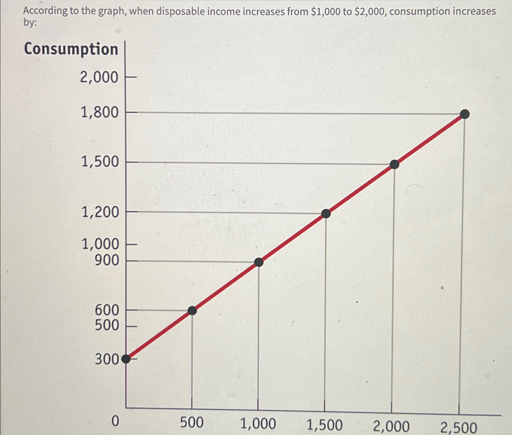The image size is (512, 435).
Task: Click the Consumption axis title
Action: [x=71, y=49]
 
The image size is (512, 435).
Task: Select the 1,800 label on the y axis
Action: [x=99, y=113]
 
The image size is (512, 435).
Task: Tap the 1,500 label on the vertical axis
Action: [x=100, y=162]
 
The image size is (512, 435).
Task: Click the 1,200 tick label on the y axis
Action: [x=100, y=212]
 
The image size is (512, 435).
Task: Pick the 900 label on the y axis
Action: [x=107, y=260]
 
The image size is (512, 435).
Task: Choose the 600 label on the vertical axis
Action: [x=107, y=310]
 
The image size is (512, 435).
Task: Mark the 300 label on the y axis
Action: [x=107, y=359]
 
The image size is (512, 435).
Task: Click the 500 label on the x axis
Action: [x=192, y=423]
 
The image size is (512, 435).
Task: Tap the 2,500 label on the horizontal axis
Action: [x=459, y=428]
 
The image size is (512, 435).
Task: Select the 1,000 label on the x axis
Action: [x=258, y=424]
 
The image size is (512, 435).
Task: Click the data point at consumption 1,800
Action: [x=465, y=114]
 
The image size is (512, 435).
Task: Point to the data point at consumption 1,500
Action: [x=394, y=164]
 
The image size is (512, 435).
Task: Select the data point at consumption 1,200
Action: [x=326, y=213]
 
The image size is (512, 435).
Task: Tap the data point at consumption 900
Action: [x=259, y=262]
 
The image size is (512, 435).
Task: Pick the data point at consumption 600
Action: [x=192, y=310]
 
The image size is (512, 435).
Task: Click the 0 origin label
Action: [x=115, y=421]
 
